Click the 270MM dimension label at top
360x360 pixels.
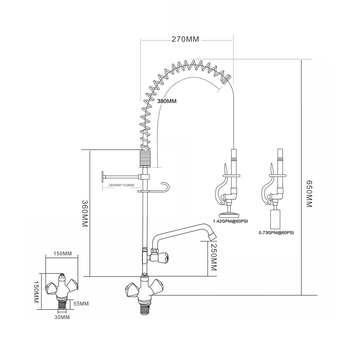pos(185,39)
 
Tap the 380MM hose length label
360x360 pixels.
pos(167,101)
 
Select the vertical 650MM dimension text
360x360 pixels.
pos(309,194)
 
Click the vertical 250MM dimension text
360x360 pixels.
pos(213,257)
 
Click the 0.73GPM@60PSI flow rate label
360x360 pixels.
pos(276,233)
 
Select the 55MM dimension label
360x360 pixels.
pos(81,304)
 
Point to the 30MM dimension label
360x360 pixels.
pos(62,317)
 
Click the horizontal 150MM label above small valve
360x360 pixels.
pos(62,254)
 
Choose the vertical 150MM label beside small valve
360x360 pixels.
pos(36,292)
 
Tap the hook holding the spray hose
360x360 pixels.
pos(165,187)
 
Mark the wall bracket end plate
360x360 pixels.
pos(103,176)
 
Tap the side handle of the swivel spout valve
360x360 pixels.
pos(164,257)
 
